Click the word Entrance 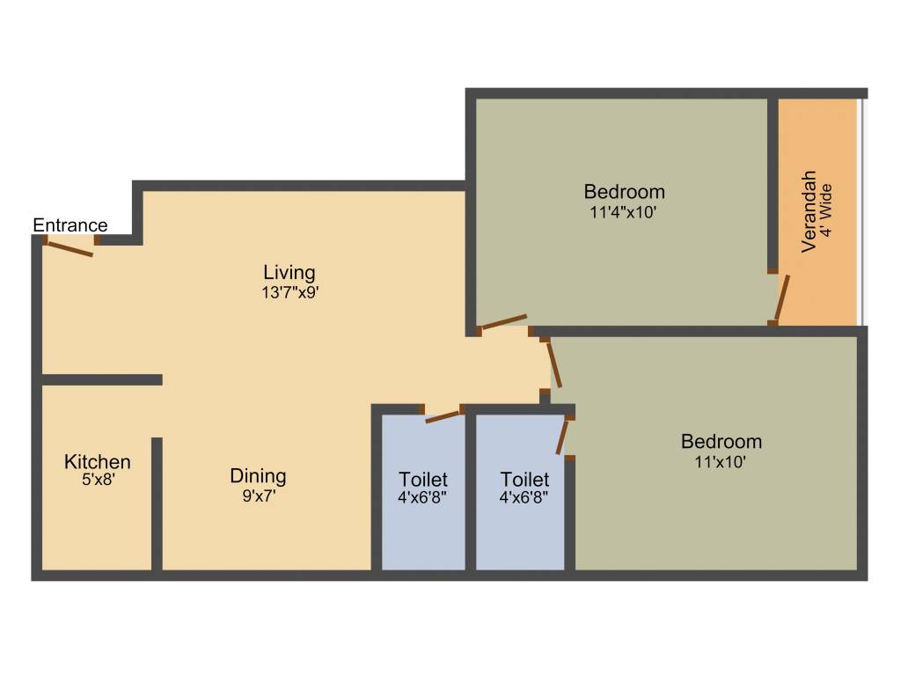click(x=70, y=225)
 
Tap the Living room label click(x=289, y=272)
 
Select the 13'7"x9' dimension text click(x=289, y=293)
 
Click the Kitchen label click(x=98, y=462)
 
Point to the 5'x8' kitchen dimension click(x=98, y=481)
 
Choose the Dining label click(x=258, y=476)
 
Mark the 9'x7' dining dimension click(x=258, y=496)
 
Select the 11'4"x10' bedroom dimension click(x=624, y=211)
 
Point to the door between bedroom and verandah click(x=781, y=298)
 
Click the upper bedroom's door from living click(x=504, y=322)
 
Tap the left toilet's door click(x=443, y=415)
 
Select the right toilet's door click(x=563, y=436)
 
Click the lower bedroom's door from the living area click(x=553, y=364)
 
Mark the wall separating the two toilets click(x=471, y=493)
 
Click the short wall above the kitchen click(x=101, y=379)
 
